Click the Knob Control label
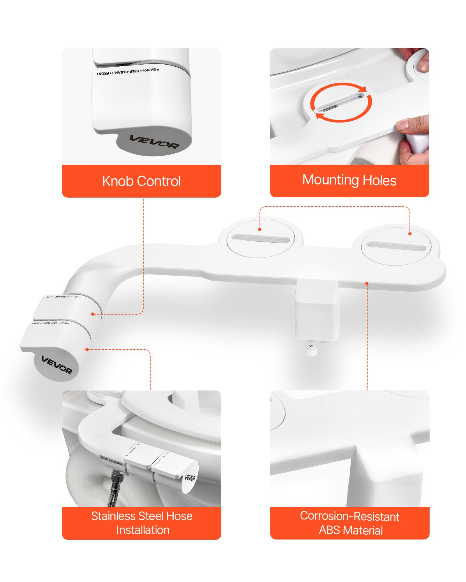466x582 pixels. coord(142,181)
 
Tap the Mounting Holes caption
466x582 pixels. coord(349,180)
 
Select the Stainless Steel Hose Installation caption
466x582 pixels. coord(142,523)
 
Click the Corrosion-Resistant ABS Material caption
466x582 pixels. coord(349,523)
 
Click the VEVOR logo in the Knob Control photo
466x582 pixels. coord(154,142)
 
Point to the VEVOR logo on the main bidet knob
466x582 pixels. coord(57,365)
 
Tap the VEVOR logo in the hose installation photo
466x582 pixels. coord(190,478)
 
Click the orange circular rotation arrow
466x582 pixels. coord(341,102)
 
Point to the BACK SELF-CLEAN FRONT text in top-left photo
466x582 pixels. coord(128,72)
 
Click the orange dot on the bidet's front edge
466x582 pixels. coord(367,283)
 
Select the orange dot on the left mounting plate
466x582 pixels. coord(260,229)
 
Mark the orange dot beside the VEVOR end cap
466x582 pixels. coord(87,349)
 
